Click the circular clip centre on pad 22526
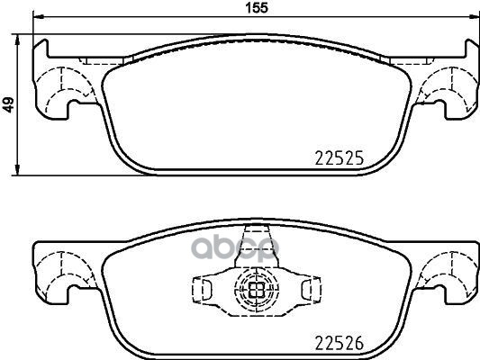(254, 291)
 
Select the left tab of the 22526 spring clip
(203, 290)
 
